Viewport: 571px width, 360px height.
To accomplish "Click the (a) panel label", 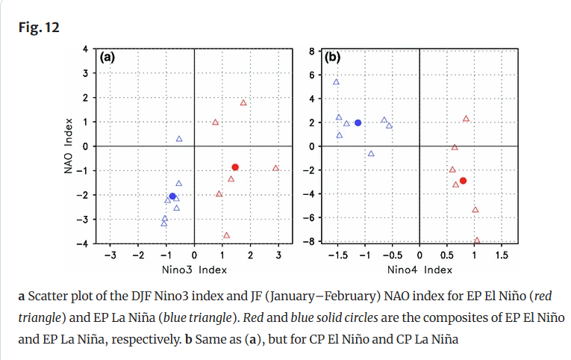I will pyautogui.click(x=107, y=56).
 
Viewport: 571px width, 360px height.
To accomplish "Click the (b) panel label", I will pyautogui.click(x=332, y=56).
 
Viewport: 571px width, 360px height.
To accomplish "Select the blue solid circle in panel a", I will pyautogui.click(x=172, y=196).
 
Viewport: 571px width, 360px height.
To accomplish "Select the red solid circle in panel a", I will pyautogui.click(x=235, y=167).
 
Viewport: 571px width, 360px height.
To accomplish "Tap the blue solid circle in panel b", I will pyautogui.click(x=358, y=122).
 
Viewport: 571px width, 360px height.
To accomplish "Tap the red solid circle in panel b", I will pyautogui.click(x=463, y=181).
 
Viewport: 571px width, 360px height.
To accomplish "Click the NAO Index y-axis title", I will pyautogui.click(x=70, y=146).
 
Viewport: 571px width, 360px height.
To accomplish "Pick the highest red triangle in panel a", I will pyautogui.click(x=243, y=102).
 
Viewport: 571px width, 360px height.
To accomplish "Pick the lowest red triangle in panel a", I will pyautogui.click(x=226, y=235).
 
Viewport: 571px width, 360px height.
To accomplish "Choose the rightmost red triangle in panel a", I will pyautogui.click(x=275, y=168).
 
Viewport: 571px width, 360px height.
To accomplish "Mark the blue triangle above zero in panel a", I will pyautogui.click(x=179, y=139).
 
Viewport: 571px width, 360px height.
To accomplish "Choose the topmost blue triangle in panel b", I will pyautogui.click(x=336, y=82).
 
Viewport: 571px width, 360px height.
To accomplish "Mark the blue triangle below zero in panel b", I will pyautogui.click(x=371, y=153).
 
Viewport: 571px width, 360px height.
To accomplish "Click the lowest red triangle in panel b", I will pyautogui.click(x=477, y=240).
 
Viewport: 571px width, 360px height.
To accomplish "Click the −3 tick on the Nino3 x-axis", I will pyautogui.click(x=109, y=255).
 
